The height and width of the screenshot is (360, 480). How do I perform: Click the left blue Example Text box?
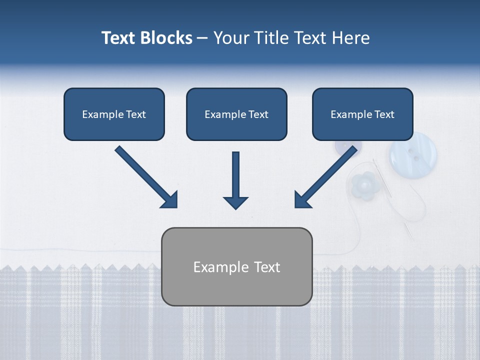[x=114, y=114]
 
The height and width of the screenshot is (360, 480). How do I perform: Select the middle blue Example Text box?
[x=236, y=114]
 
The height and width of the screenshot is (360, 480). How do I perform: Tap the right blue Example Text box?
[x=362, y=114]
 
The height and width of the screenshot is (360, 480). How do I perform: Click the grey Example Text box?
[x=236, y=267]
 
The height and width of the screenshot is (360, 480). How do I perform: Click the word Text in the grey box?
[x=266, y=267]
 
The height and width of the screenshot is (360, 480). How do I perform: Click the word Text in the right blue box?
[x=384, y=114]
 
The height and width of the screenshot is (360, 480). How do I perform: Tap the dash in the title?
[x=202, y=38]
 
